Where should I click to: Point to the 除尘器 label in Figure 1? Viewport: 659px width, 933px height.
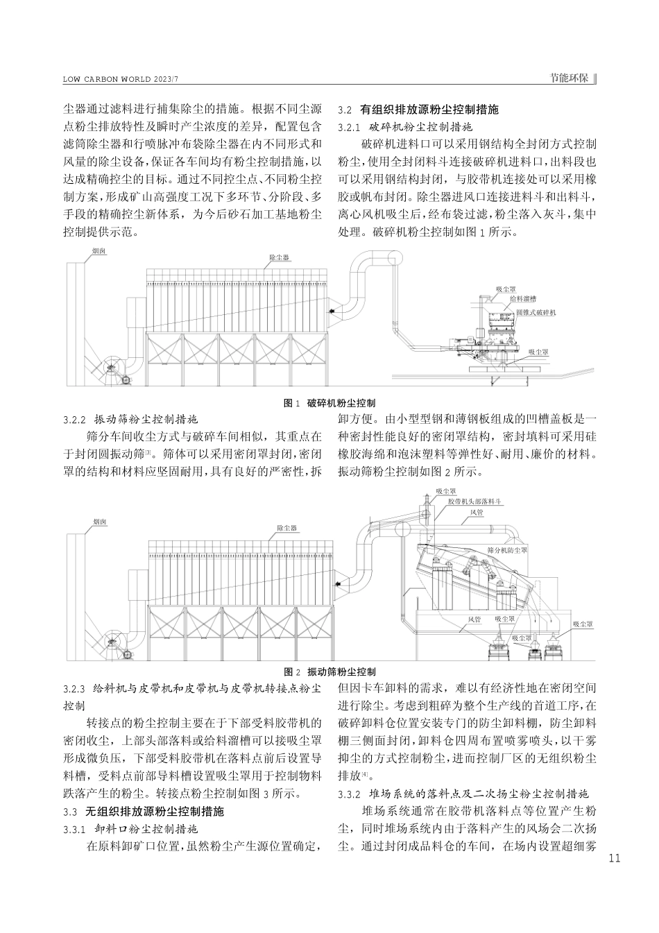click(279, 257)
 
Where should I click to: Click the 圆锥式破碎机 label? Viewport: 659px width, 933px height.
click(537, 313)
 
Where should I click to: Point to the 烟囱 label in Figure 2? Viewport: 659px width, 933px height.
click(99, 521)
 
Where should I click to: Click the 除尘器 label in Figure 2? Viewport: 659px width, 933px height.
click(286, 528)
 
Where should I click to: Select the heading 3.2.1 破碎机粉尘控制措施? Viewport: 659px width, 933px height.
click(404, 127)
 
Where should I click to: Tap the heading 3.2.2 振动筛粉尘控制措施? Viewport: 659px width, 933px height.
click(130, 420)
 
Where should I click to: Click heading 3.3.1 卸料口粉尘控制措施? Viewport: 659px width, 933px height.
click(130, 828)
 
